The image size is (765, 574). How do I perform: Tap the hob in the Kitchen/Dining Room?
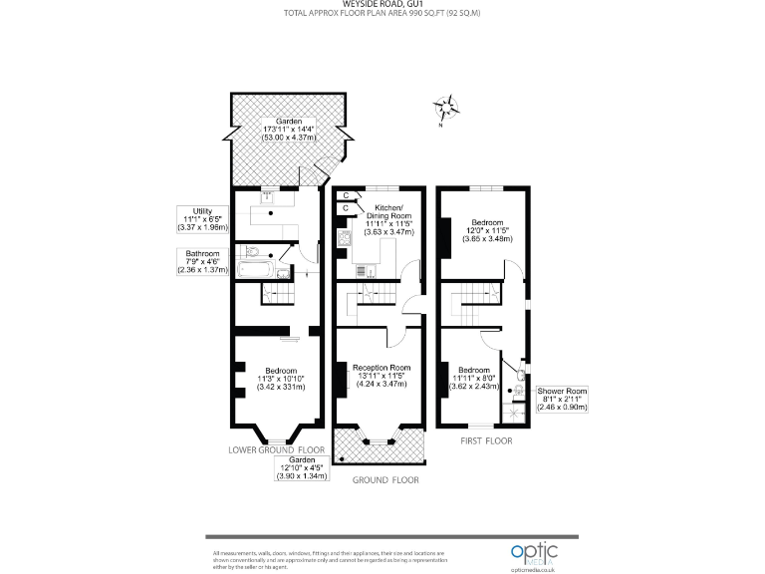click(x=346, y=237)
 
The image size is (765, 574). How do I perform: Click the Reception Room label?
click(x=382, y=374)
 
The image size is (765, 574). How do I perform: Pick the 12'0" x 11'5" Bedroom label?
click(x=488, y=230)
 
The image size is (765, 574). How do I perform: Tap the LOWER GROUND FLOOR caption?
click(x=277, y=450)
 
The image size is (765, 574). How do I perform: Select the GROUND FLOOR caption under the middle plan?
click(x=386, y=480)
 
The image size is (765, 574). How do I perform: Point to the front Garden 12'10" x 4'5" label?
click(x=302, y=467)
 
